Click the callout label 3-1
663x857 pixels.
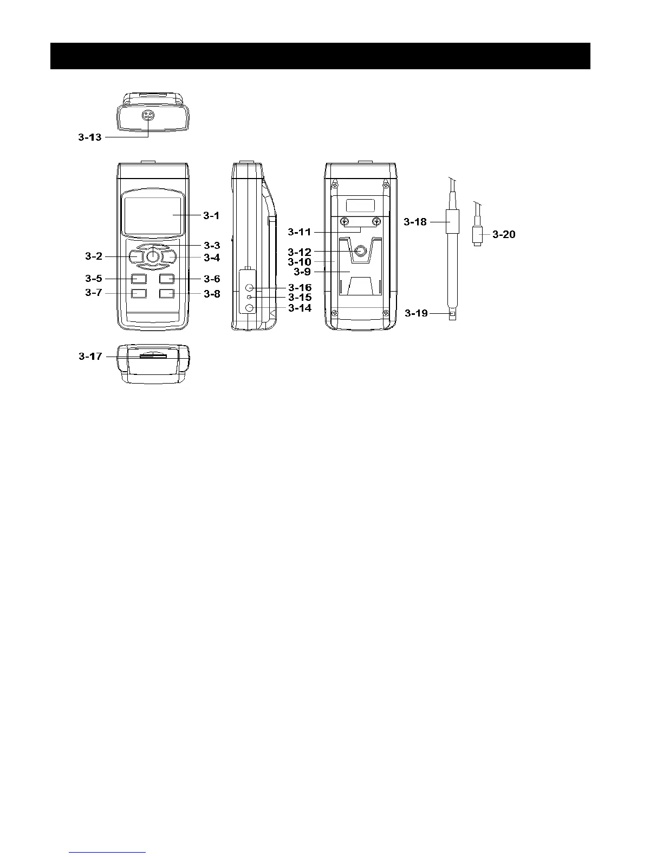(211, 215)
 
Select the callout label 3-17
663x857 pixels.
(90, 357)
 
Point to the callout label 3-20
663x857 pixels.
(504, 235)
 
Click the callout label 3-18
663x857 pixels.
(415, 222)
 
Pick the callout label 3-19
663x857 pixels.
(416, 313)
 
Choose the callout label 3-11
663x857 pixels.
(300, 233)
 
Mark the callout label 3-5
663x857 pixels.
(93, 279)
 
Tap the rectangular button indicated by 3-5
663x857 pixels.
(139, 279)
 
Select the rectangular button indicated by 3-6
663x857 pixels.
(166, 279)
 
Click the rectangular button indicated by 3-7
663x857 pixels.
(139, 293)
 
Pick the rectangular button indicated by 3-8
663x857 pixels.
(166, 293)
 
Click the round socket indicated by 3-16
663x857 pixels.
(250, 288)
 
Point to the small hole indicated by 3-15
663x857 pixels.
(249, 298)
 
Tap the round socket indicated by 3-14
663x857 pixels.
(250, 308)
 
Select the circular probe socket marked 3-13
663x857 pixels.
(148, 115)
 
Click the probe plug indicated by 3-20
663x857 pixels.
(477, 236)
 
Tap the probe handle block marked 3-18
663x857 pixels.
(451, 222)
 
